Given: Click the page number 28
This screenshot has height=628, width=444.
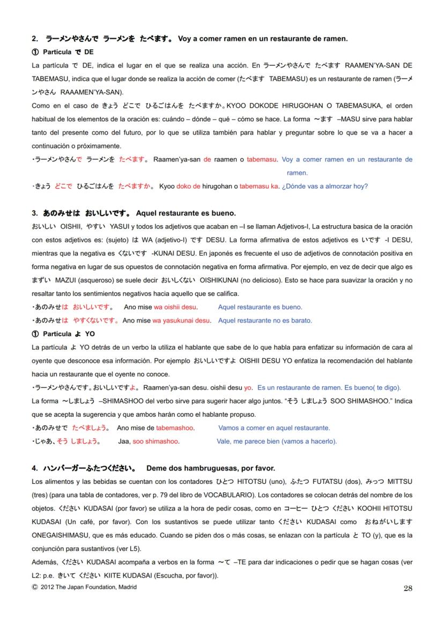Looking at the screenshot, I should (407, 588).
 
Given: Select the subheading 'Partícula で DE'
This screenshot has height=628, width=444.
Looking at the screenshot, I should (63, 52).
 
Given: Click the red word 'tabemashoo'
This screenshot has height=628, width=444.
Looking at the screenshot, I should (175, 428).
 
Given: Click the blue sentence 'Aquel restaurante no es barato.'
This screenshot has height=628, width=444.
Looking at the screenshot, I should (265, 321).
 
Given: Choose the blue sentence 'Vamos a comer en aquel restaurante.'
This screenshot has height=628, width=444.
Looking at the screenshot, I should (274, 428).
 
